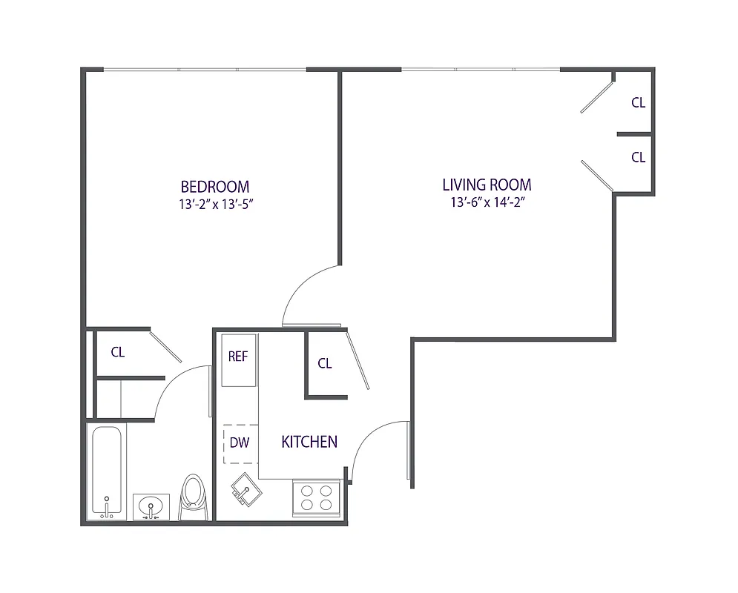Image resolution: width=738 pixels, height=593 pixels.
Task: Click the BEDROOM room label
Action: click(x=214, y=186)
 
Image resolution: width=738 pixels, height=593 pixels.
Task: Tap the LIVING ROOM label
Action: click(x=487, y=185)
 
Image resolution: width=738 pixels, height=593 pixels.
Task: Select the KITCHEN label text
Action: click(x=309, y=442)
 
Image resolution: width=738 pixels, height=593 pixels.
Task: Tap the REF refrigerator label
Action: click(x=237, y=357)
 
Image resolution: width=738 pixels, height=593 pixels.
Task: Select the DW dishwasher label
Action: click(x=239, y=443)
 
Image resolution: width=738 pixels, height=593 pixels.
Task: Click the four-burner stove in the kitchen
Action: click(x=316, y=497)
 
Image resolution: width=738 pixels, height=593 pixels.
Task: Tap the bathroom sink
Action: click(x=151, y=508)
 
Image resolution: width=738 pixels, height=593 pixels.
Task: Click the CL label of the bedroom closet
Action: click(x=117, y=352)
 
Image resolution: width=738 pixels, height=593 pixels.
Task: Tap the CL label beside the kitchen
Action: click(x=324, y=363)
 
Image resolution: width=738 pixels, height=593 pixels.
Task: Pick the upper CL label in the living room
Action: click(x=638, y=103)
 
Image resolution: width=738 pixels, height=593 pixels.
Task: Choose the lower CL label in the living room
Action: click(x=638, y=157)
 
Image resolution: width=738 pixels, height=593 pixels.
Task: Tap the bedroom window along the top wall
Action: click(x=205, y=70)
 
